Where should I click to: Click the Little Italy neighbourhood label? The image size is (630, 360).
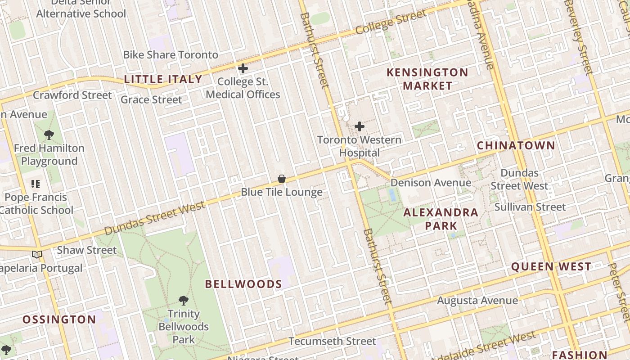(163, 80)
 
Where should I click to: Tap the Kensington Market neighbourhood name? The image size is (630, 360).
(427, 79)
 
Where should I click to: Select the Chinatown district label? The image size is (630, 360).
(516, 146)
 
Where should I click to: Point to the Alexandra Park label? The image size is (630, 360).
(441, 219)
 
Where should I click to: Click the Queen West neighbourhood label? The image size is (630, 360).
(551, 267)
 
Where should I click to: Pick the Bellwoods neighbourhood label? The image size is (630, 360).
(243, 284)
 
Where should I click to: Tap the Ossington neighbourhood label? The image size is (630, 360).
(59, 320)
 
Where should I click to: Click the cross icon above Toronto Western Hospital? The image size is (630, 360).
(360, 126)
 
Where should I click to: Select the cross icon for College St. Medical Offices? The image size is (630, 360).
(243, 68)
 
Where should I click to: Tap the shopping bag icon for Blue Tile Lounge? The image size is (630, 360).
(282, 179)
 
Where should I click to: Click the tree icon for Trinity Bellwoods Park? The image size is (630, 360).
(183, 300)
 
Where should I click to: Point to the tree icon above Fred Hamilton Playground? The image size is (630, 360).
(49, 135)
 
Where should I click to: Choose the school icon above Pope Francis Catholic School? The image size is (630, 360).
(36, 184)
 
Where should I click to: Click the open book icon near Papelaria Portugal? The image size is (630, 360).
(37, 255)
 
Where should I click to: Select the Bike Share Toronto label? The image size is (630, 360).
(171, 55)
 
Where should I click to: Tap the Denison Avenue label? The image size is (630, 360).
(431, 183)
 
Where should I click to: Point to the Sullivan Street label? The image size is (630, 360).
(530, 207)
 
